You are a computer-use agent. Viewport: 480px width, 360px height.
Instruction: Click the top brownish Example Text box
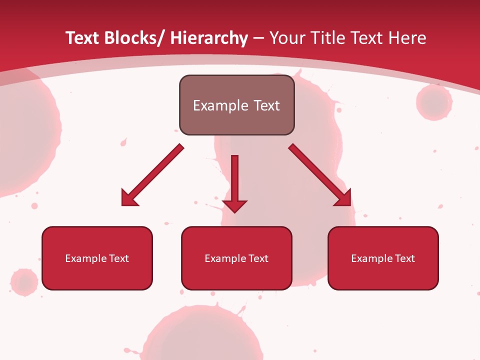[x=236, y=105]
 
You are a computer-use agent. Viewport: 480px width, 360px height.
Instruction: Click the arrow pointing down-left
[x=152, y=175]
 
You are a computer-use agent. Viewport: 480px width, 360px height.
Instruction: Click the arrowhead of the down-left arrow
[x=127, y=199]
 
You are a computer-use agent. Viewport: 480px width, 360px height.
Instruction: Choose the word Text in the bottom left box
[x=119, y=258]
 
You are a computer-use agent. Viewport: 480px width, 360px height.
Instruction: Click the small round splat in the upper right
[x=434, y=102]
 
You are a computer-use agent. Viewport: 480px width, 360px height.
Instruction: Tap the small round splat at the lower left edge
[x=24, y=282]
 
